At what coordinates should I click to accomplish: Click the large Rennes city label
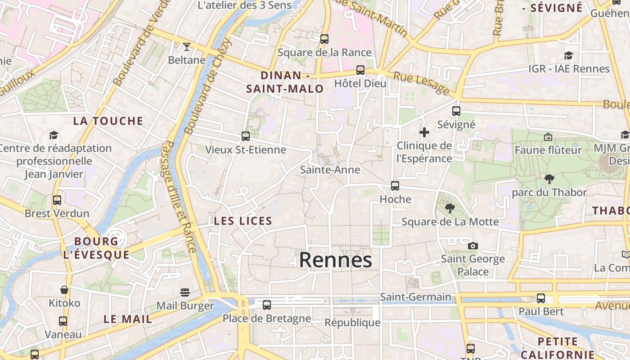click(335, 260)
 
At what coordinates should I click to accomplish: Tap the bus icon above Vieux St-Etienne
click(245, 136)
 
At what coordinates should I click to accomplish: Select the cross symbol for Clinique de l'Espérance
click(424, 132)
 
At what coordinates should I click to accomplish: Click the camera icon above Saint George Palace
click(472, 246)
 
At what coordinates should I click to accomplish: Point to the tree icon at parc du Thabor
click(549, 179)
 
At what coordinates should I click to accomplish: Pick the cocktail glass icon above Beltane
click(186, 46)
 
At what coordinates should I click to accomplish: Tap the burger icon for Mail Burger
click(184, 292)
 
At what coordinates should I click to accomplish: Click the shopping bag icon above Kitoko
click(64, 290)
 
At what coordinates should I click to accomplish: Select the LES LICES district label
click(243, 221)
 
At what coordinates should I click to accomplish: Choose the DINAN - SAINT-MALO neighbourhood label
click(285, 82)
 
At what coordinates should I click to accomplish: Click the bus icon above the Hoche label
click(395, 185)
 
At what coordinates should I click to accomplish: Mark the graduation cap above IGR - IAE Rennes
click(569, 55)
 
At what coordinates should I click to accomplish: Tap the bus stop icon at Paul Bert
click(541, 298)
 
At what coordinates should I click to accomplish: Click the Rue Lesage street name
click(421, 83)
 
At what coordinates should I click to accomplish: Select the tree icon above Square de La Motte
click(450, 208)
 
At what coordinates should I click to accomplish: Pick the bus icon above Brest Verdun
click(57, 200)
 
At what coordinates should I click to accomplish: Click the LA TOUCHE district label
click(108, 121)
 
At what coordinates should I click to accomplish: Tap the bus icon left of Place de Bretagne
click(267, 305)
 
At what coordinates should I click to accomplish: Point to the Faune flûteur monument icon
click(548, 136)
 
